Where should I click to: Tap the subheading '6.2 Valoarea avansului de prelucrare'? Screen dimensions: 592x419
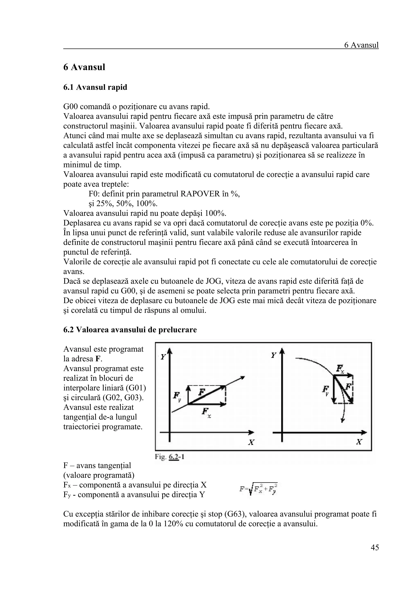click(x=130, y=330)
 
